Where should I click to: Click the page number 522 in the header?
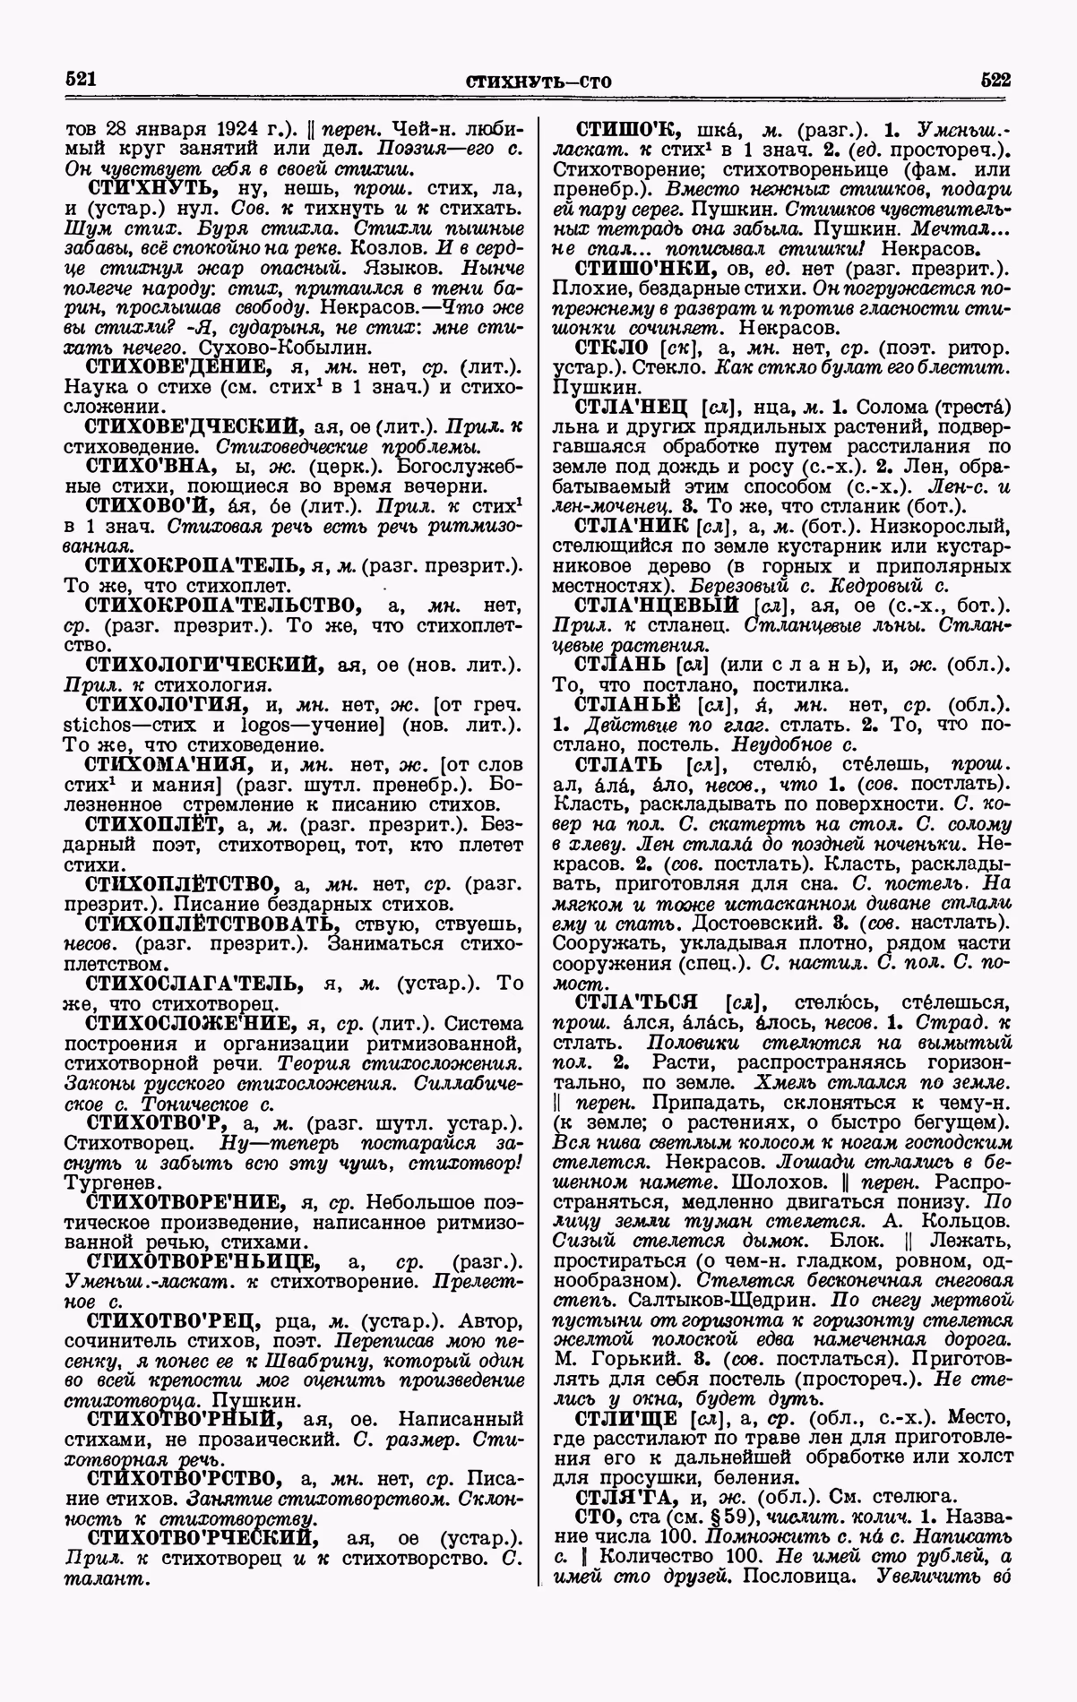995,79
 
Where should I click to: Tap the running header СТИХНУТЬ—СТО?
538,82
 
